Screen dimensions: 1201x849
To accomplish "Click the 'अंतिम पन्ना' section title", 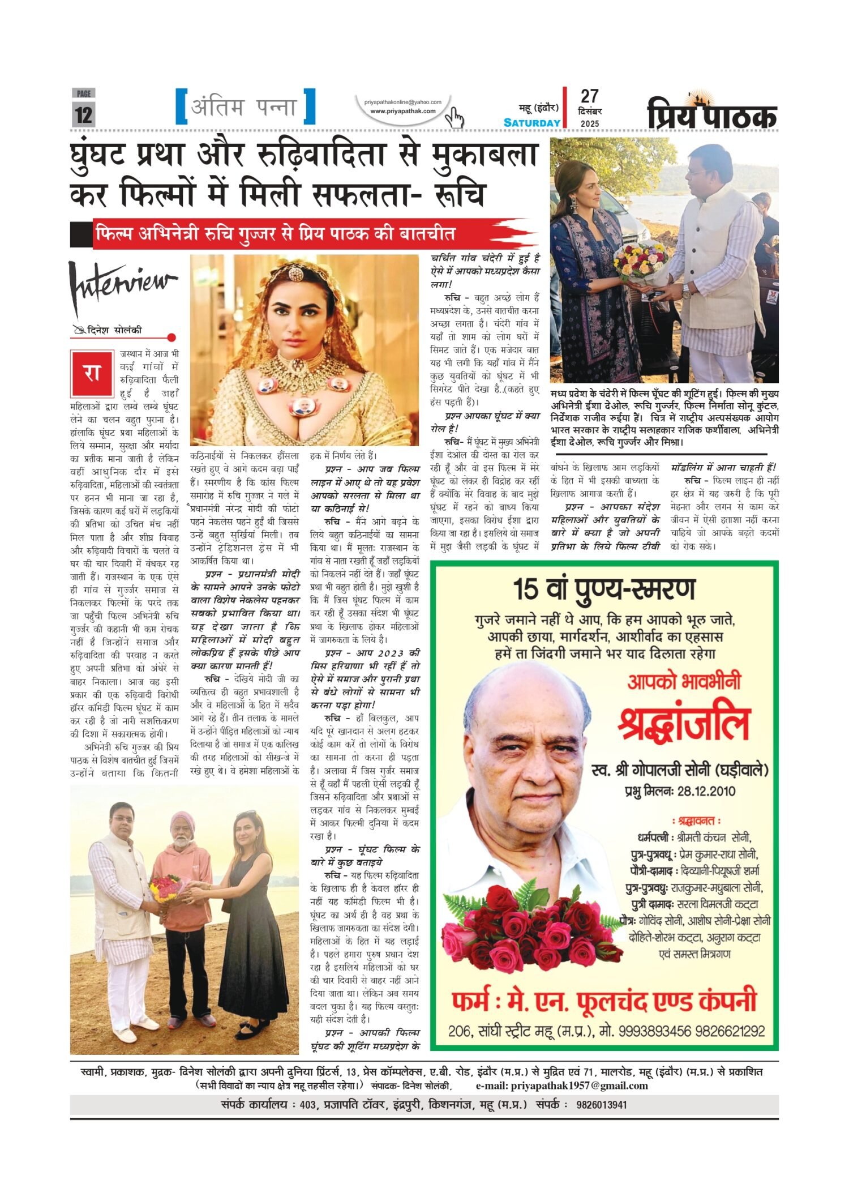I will click(x=245, y=107).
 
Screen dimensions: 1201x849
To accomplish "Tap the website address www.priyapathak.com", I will click(x=402, y=112).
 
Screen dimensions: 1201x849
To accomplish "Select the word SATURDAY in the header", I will click(x=531, y=123).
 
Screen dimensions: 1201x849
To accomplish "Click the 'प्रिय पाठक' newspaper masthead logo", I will click(x=712, y=114).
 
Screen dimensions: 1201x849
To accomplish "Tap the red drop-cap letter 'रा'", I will click(x=92, y=373).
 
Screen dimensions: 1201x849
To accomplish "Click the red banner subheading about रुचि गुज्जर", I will click(x=276, y=234).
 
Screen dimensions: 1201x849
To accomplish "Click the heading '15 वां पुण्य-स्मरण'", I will click(x=603, y=589).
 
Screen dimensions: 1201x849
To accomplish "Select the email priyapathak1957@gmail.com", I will click(x=578, y=1085).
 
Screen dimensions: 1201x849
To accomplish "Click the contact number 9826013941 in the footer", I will click(x=602, y=1105).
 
